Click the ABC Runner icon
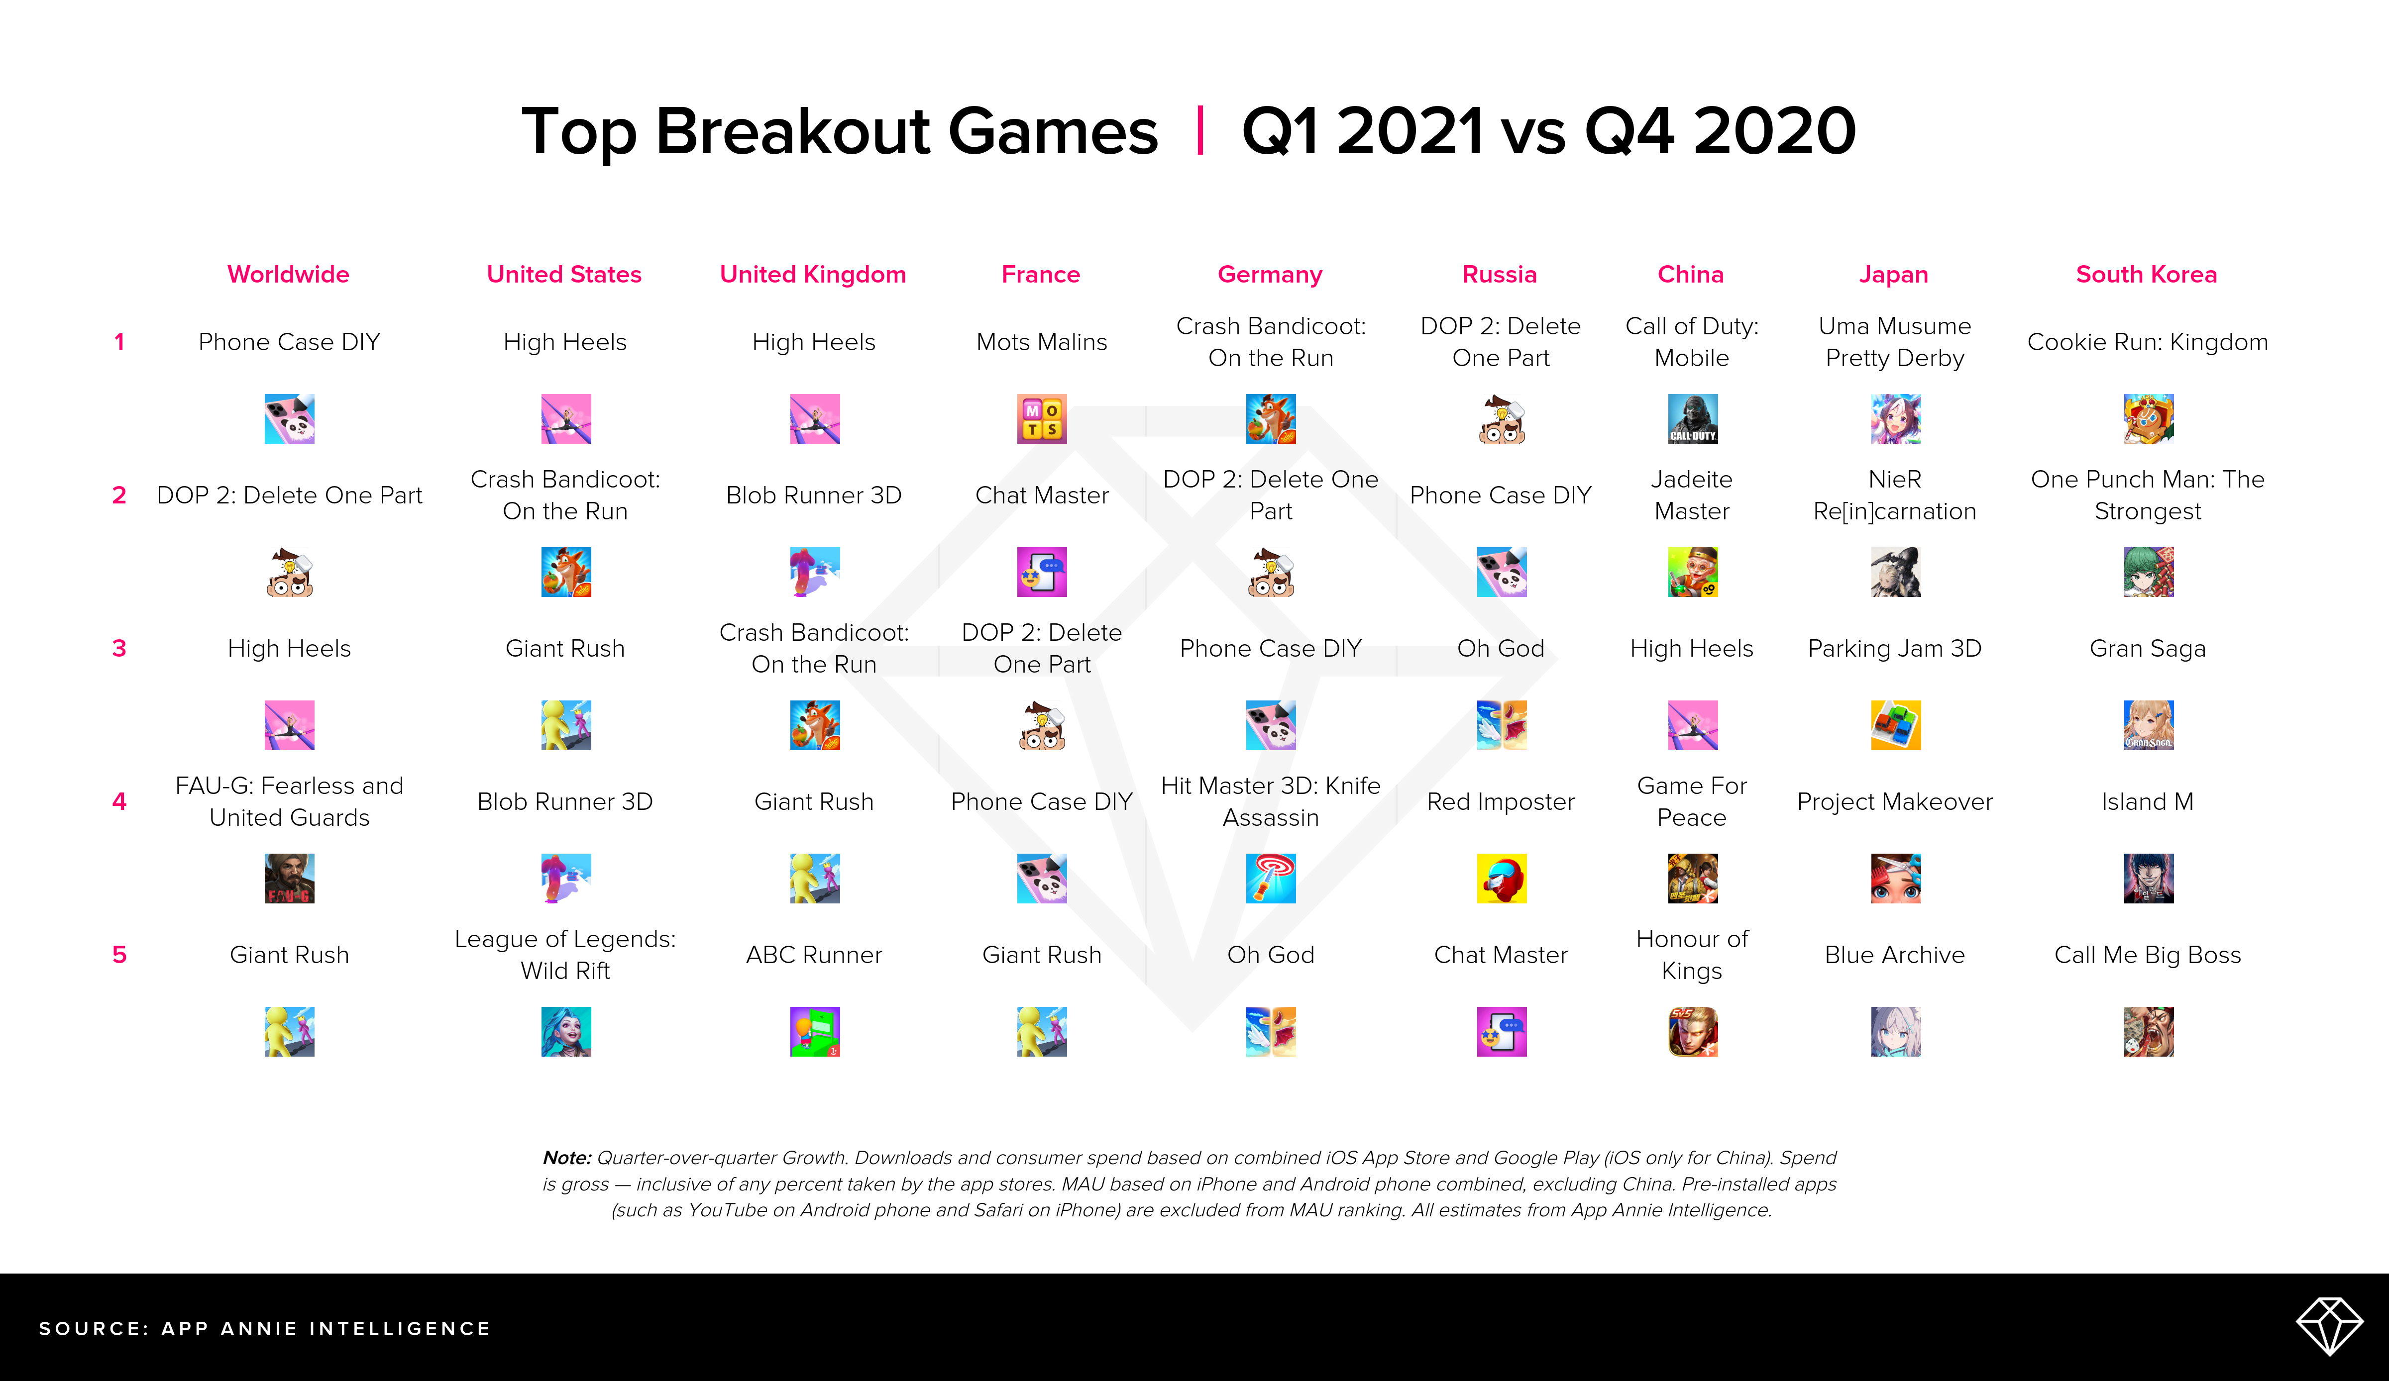[x=814, y=1031]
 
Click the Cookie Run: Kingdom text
[x=2147, y=342]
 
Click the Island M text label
[x=2147, y=802]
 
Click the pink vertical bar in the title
[x=1200, y=131]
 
